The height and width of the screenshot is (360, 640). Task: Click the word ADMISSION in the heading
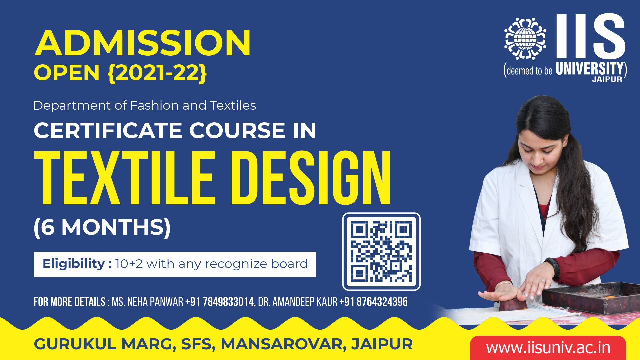143,43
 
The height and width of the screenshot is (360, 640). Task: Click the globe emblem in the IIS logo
525,39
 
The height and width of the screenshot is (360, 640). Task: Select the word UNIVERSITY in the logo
589,69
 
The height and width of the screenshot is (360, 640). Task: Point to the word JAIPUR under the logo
607,80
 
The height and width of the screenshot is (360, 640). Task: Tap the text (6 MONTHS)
102,227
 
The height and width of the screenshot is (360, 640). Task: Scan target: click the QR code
381,251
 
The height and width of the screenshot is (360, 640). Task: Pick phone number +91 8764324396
373,302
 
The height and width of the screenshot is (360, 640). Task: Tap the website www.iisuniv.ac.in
548,348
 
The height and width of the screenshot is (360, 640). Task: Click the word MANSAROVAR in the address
282,344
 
